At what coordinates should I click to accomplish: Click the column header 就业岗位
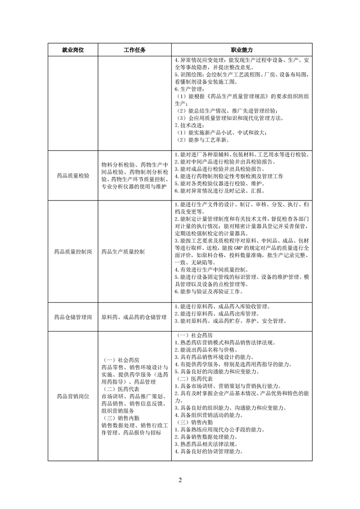click(73, 49)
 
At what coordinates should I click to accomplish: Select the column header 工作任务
click(134, 49)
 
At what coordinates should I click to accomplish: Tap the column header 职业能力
click(242, 49)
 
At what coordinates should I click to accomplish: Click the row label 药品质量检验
click(73, 174)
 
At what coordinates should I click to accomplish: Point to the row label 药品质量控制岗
click(73, 250)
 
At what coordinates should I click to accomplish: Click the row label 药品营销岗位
click(73, 396)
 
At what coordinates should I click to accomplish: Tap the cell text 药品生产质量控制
click(123, 250)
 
